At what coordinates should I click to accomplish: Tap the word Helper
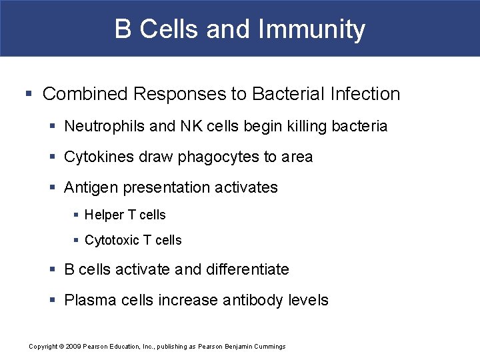pyautogui.click(x=104, y=215)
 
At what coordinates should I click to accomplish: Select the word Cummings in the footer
pyautogui.click(x=269, y=347)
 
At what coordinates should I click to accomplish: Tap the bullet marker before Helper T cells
pyautogui.click(x=77, y=215)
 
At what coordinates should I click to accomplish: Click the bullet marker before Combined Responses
pyautogui.click(x=32, y=94)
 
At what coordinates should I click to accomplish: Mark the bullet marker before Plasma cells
pyautogui.click(x=53, y=300)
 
